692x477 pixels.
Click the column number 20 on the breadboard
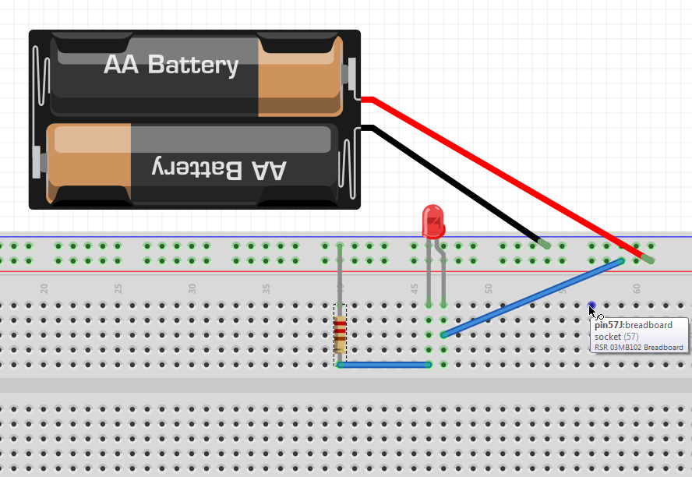click(44, 288)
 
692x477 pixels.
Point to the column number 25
click(118, 288)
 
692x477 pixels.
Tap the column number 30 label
click(192, 288)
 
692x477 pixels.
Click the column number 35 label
click(267, 288)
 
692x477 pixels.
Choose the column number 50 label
click(489, 288)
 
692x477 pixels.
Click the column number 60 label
click(637, 288)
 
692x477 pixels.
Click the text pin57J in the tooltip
click(609, 325)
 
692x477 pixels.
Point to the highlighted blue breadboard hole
click(592, 306)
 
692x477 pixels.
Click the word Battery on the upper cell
click(193, 65)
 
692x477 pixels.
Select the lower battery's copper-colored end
click(90, 164)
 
